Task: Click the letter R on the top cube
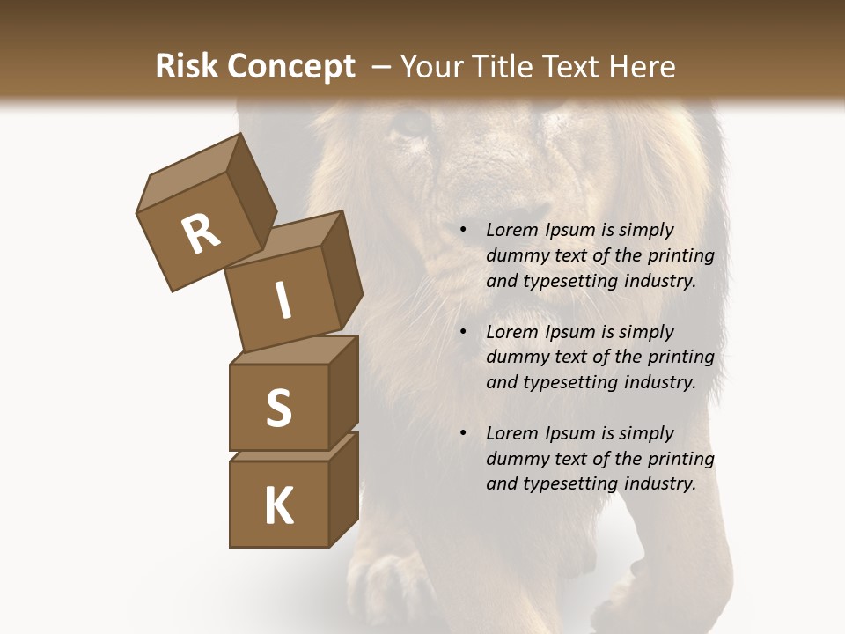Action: [201, 233]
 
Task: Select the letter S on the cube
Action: [278, 408]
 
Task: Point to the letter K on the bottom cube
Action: [278, 506]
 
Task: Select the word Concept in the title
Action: [292, 67]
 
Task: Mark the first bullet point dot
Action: [463, 231]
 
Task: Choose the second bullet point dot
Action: [463, 333]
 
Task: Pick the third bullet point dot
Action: [463, 434]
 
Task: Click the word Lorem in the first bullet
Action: [510, 231]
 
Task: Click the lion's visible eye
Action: [410, 125]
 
